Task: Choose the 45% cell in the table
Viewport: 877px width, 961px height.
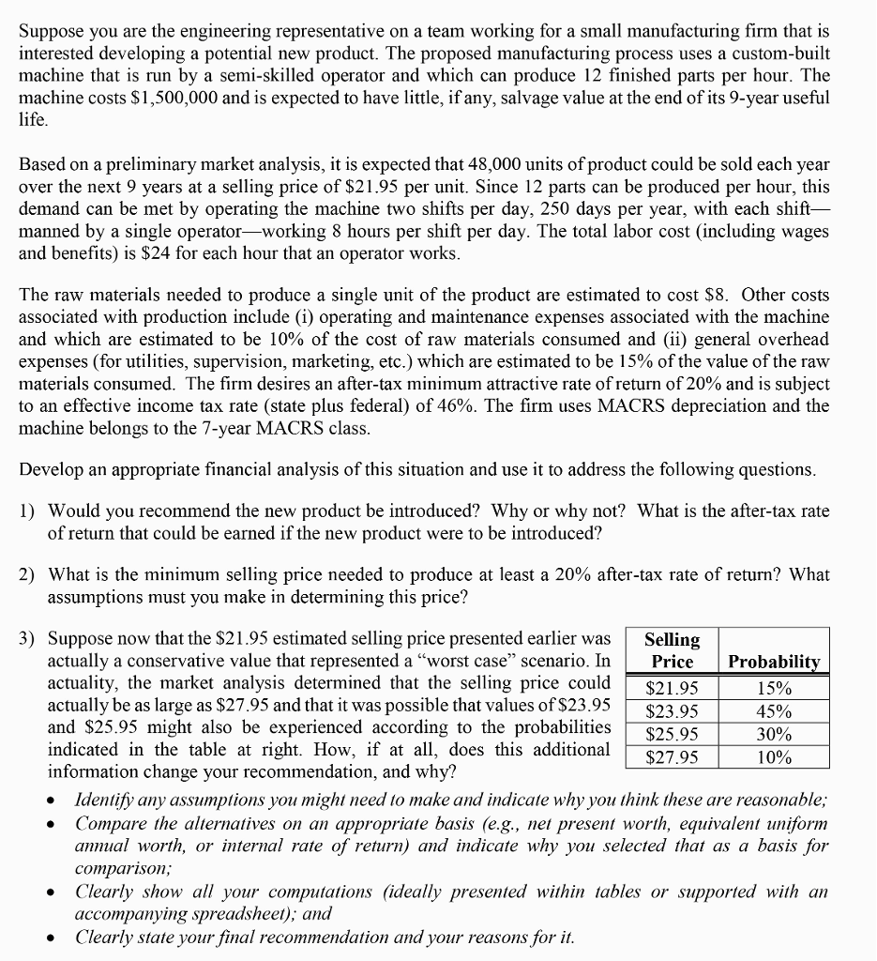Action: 774,710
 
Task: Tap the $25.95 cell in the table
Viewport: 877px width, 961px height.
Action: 673,734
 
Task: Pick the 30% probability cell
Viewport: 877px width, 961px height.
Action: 774,734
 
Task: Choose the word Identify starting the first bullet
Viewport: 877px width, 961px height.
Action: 105,801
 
